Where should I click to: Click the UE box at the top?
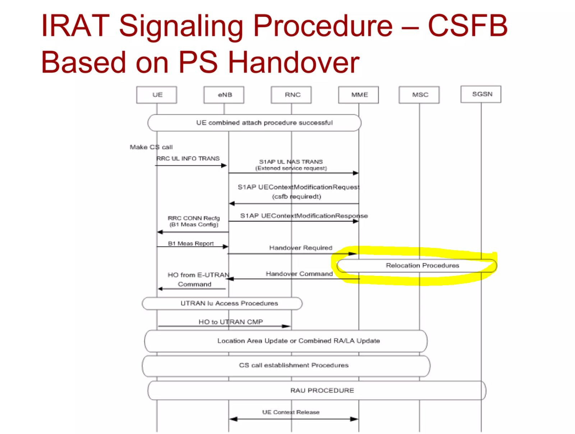(156, 95)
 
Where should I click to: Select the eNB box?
(224, 95)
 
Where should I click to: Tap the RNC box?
(291, 95)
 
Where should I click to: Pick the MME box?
(358, 95)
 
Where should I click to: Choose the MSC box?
(419, 95)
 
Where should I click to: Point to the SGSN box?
(481, 94)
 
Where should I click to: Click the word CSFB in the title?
(468, 26)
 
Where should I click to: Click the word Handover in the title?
(293, 62)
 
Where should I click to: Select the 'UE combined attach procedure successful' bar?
(254, 123)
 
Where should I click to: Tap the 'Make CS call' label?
(151, 147)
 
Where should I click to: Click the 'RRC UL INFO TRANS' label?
(188, 159)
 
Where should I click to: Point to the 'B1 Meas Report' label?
(191, 244)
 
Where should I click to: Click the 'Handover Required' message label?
(300, 248)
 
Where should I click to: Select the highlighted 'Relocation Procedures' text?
(422, 266)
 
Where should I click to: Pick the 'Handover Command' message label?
(299, 274)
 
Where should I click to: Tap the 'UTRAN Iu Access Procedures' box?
(222, 303)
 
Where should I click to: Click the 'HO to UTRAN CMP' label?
(230, 322)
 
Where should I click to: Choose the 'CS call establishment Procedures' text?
(293, 365)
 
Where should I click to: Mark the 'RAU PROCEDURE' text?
(322, 390)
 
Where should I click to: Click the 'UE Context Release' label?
(291, 412)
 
